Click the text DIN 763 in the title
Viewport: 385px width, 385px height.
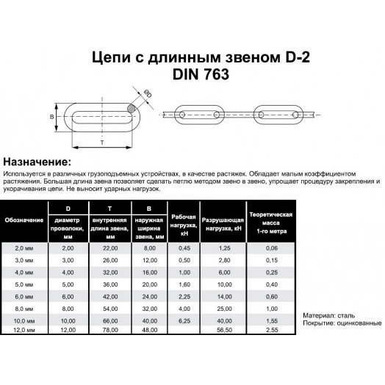coord(192,73)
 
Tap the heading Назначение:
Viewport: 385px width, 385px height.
coord(37,160)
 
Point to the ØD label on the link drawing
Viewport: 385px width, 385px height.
coord(148,93)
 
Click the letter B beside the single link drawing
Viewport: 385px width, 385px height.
coord(51,117)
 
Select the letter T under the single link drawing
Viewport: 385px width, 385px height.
coord(100,141)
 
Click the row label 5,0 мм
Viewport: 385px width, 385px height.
coord(24,282)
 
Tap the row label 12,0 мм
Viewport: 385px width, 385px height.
coord(24,330)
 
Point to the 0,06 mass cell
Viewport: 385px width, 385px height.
coord(272,249)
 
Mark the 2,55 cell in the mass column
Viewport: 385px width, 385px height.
coord(272,330)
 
